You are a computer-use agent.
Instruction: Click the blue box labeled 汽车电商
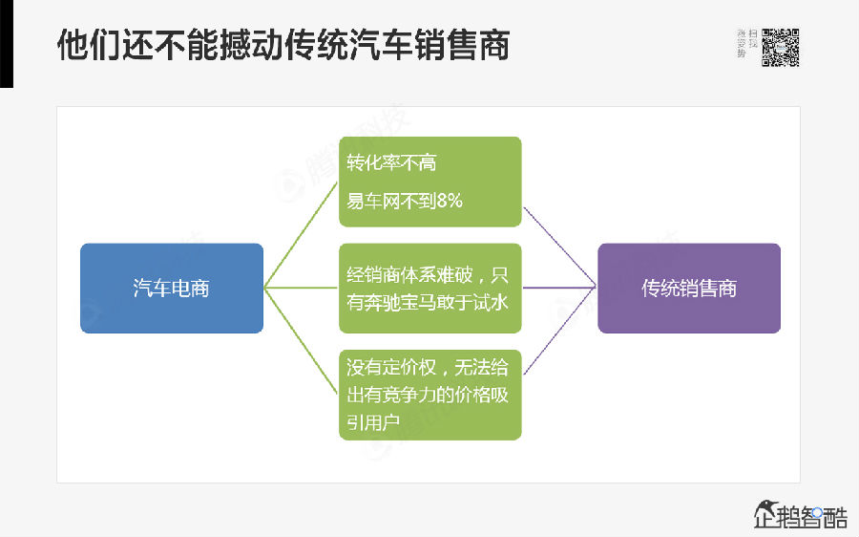(171, 288)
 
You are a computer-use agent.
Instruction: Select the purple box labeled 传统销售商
(688, 288)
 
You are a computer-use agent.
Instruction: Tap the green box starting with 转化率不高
(429, 182)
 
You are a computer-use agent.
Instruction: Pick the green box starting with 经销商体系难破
(429, 288)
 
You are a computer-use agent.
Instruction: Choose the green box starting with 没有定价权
(429, 394)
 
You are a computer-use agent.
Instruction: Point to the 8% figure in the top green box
(448, 201)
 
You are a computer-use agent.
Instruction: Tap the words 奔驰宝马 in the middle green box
(411, 300)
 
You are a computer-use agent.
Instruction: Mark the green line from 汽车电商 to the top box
(301, 240)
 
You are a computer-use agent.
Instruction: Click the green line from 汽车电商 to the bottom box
(301, 338)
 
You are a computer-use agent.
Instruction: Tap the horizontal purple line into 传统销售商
(559, 288)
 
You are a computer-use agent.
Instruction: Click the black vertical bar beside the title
(7, 43)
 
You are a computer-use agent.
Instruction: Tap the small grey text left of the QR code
(747, 44)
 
